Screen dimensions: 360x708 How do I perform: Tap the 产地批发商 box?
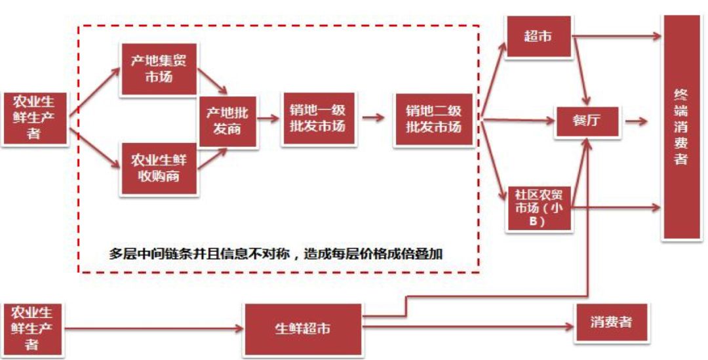(227, 121)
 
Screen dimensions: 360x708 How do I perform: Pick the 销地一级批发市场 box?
(317, 119)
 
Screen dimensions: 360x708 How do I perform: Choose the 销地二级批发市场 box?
(433, 119)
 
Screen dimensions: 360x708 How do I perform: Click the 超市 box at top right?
(538, 37)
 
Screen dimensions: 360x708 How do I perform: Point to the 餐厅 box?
(587, 121)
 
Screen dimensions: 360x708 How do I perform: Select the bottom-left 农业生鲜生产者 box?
(31, 327)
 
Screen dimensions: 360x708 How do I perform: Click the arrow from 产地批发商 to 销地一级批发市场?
(269, 119)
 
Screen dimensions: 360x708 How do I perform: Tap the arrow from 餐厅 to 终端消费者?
(637, 121)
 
